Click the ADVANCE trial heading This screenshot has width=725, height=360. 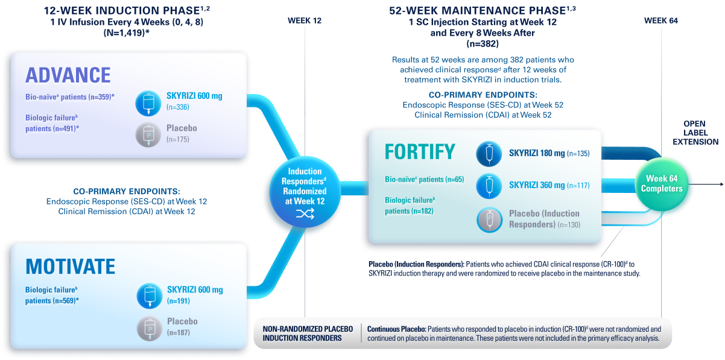coord(68,75)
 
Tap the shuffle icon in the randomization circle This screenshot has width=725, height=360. coord(305,214)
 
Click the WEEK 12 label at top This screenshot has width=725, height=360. coord(305,21)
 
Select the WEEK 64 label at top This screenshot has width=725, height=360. coord(660,21)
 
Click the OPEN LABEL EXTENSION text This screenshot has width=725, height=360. coord(700,133)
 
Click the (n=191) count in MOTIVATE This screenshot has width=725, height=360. coord(179,300)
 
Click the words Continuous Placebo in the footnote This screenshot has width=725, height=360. coord(396,329)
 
